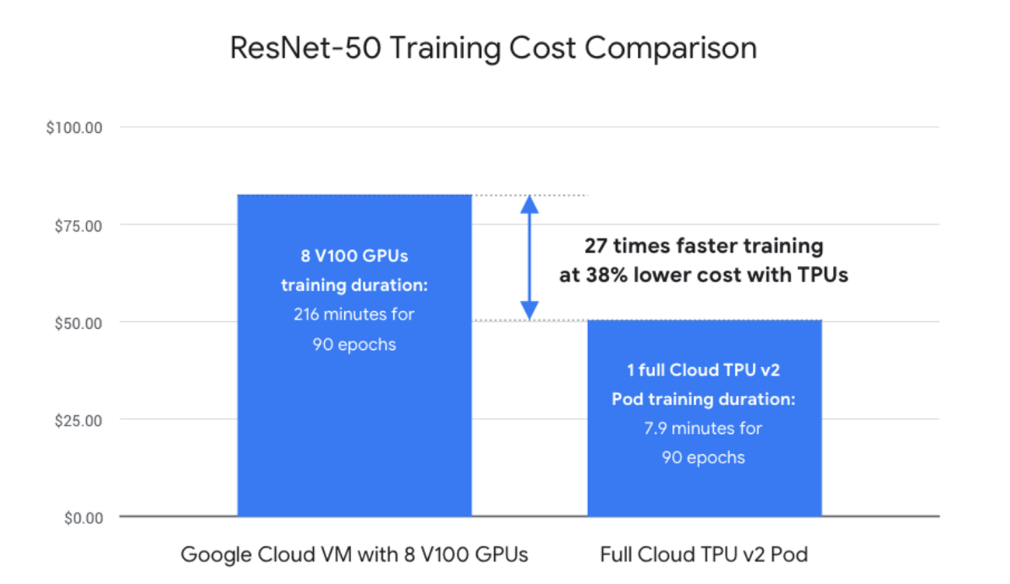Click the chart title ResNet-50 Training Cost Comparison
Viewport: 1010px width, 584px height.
pos(493,48)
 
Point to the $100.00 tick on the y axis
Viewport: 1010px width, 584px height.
pos(75,128)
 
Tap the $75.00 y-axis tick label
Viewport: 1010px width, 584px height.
pos(78,226)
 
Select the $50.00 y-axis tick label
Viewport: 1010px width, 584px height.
pos(78,323)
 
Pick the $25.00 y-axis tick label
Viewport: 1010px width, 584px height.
pos(78,421)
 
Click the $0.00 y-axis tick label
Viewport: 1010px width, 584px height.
pos(83,518)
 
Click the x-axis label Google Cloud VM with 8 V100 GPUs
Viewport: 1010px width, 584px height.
pos(354,554)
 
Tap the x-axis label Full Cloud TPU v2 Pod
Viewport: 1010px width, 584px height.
pos(704,554)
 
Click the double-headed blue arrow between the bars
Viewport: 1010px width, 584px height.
pos(529,257)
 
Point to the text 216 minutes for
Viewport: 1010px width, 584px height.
pos(354,314)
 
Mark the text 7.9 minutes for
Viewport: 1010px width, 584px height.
pos(704,428)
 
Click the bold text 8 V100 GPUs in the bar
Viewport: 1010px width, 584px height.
pos(354,255)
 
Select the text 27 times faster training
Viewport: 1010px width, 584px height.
pos(704,246)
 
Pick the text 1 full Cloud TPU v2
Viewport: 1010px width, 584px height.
pos(704,369)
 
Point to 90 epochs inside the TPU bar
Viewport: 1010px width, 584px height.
pos(704,457)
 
